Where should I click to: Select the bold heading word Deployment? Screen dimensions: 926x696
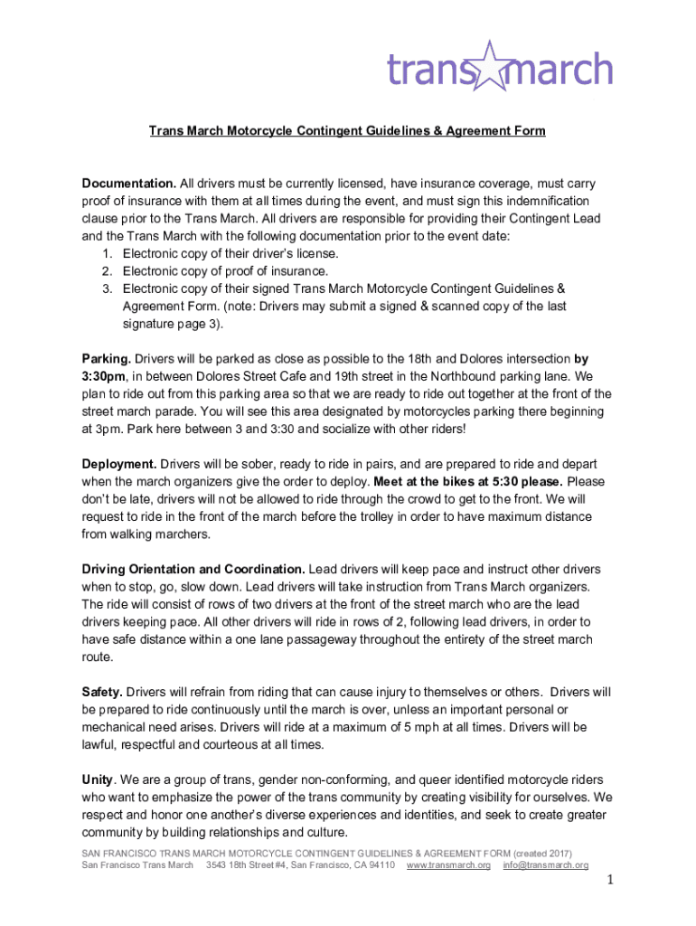click(119, 464)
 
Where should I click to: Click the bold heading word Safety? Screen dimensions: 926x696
click(102, 692)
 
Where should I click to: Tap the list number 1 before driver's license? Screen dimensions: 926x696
click(107, 253)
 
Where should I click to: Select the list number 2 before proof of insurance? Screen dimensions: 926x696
click(107, 270)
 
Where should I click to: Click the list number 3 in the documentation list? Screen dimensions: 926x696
click(107, 288)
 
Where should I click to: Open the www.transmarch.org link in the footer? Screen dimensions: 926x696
click(448, 865)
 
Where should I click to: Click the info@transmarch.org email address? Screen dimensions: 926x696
click(545, 865)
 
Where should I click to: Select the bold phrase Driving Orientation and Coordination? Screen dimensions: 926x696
click(193, 569)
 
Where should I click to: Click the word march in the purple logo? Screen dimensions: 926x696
click(560, 69)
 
